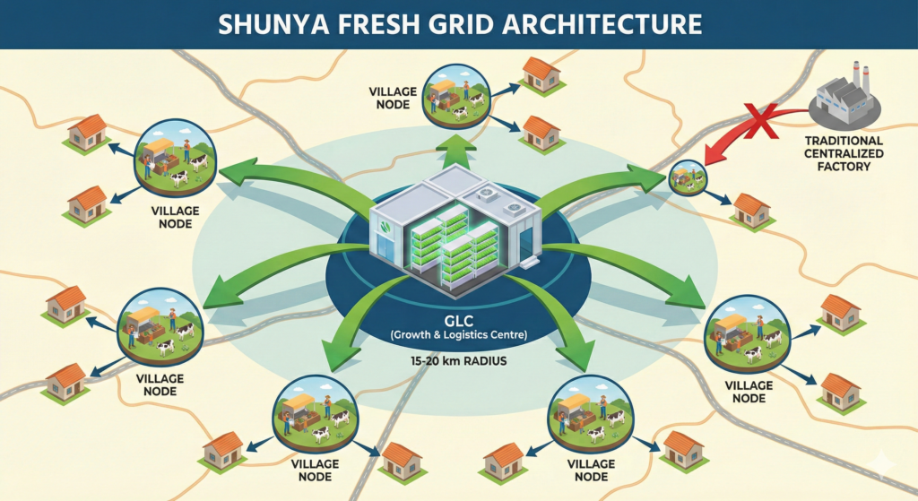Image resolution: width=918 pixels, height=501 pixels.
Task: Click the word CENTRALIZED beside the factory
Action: click(x=844, y=153)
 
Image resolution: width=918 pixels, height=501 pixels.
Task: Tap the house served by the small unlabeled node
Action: click(x=751, y=209)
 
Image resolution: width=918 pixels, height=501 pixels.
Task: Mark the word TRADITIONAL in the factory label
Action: click(x=844, y=141)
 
